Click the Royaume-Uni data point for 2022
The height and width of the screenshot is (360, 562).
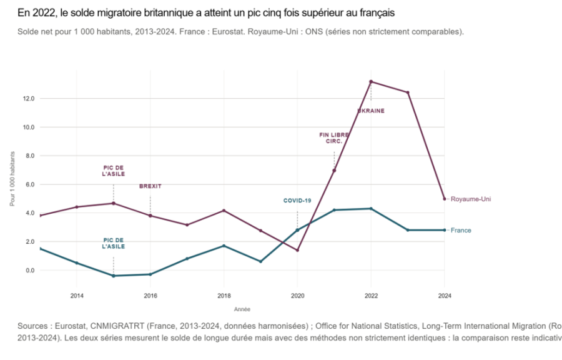coord(371,81)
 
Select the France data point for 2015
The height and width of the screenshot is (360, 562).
coord(113,276)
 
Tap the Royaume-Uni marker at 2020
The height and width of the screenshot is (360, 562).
coord(297,250)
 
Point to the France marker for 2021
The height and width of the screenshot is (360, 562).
coord(334,210)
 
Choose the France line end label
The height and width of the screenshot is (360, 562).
coord(461,230)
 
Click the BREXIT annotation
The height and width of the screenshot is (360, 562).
coord(150,186)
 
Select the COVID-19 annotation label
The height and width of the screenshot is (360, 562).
coord(297,201)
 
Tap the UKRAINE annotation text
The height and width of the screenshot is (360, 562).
coord(371,111)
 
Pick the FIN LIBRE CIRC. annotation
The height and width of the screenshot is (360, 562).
coord(334,138)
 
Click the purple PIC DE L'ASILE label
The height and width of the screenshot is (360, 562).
coord(113,171)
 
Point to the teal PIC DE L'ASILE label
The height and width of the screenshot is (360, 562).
coord(113,243)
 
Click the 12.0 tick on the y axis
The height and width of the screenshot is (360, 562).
coord(29,99)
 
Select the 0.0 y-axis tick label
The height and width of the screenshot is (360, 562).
coord(30,271)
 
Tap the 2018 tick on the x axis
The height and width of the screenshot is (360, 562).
coord(224,296)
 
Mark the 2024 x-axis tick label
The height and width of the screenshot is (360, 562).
coord(445,296)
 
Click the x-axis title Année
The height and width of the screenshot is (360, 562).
coord(242,309)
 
